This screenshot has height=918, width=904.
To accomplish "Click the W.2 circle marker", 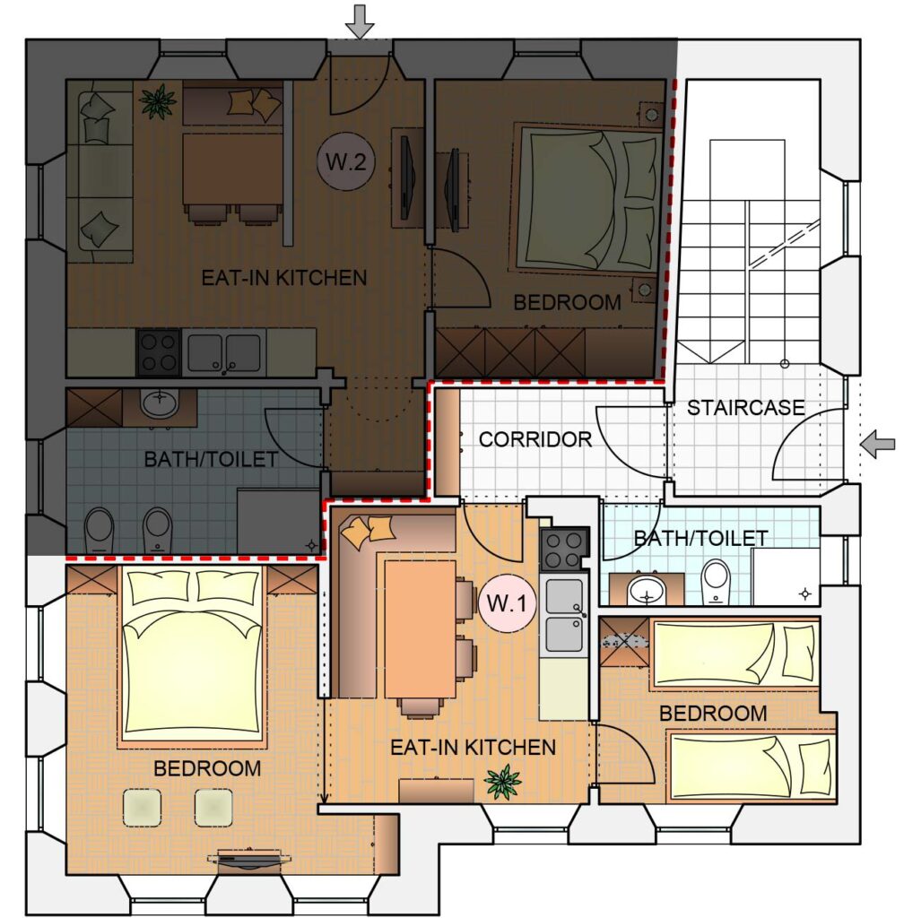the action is [x=345, y=161].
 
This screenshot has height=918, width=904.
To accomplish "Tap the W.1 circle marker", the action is [x=508, y=603].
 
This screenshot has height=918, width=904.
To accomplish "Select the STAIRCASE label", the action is [x=745, y=408].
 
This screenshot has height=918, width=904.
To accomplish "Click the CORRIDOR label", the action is [x=535, y=439].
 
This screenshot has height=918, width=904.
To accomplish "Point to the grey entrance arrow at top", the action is [x=359, y=22].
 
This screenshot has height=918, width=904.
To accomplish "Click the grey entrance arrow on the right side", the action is [x=878, y=445].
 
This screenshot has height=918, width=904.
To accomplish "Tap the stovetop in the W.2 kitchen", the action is [x=159, y=351].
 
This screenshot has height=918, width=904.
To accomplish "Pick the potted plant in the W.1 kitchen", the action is [x=503, y=782].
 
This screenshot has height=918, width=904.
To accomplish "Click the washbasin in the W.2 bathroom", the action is [x=160, y=403].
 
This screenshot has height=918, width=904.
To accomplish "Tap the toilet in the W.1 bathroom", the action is [x=716, y=581].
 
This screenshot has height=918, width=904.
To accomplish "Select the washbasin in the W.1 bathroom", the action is [x=647, y=591].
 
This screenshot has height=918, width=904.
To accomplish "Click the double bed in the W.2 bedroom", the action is [x=588, y=199].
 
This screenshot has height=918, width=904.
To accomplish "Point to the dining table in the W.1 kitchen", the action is [x=421, y=628].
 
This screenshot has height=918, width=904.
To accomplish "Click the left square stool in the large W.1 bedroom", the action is [x=143, y=808].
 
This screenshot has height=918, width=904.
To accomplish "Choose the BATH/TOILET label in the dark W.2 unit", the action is [x=211, y=460].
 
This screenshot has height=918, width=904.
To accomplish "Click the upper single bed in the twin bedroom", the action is [x=735, y=654].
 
